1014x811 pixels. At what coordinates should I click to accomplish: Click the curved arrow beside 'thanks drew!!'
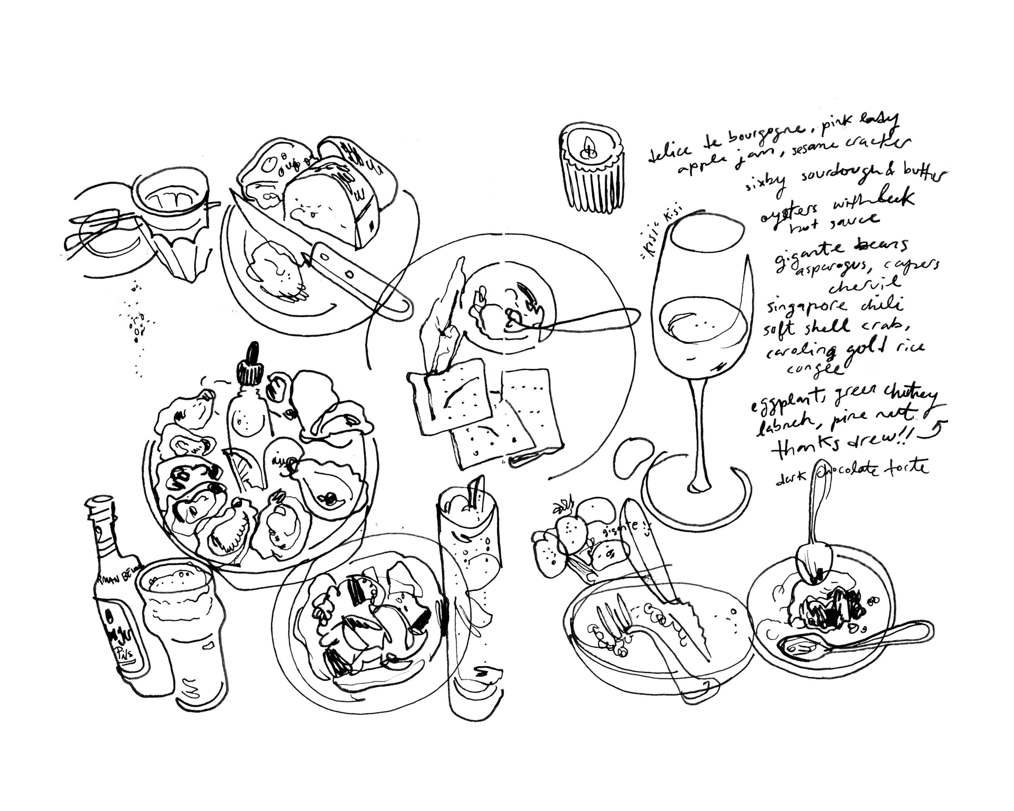tap(936, 428)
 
